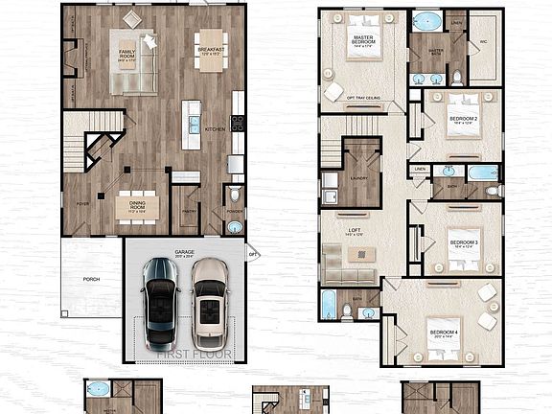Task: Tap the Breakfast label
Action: [211, 49]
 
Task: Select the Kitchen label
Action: [215, 127]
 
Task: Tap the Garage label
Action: [184, 252]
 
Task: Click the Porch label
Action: [91, 280]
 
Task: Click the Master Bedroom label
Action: [363, 38]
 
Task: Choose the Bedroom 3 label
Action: [464, 242]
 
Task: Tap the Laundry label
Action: [360, 178]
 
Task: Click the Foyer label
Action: [82, 204]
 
